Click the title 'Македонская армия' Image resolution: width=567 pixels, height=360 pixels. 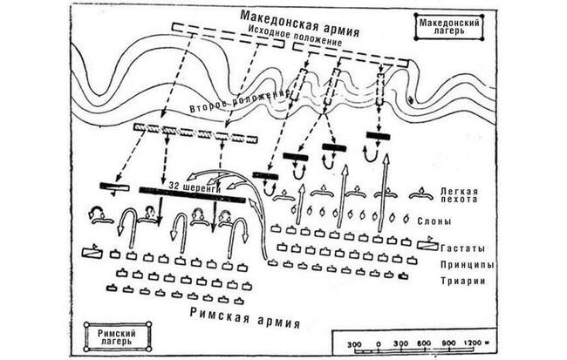coord(300,24)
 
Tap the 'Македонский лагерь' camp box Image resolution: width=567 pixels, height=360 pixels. coord(449,27)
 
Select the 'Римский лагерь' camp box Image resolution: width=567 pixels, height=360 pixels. coord(118,336)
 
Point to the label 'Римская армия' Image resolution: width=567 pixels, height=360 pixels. coord(245,317)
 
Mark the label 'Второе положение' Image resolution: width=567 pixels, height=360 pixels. coord(239,101)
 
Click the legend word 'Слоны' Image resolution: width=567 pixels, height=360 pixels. coord(434,221)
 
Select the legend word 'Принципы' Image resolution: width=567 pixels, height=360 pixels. coord(467,265)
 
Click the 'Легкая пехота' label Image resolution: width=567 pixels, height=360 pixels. coord(459,195)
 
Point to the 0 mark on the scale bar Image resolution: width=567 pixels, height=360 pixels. coord(379,343)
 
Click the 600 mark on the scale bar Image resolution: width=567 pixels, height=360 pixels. coord(423,343)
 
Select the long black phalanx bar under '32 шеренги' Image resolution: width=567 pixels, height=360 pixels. coord(193,194)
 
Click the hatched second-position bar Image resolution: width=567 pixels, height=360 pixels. coord(195,132)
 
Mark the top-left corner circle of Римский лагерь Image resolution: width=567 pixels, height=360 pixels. coord(86,325)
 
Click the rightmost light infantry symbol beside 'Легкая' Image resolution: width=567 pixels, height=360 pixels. coord(421,194)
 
